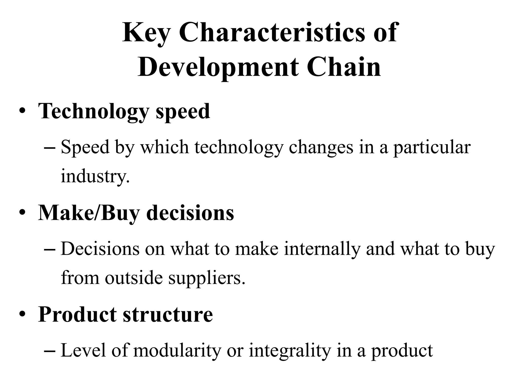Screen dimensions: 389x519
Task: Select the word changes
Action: (x=321, y=147)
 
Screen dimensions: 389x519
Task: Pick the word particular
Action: (x=432, y=147)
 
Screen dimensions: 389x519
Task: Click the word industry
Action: (x=95, y=176)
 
